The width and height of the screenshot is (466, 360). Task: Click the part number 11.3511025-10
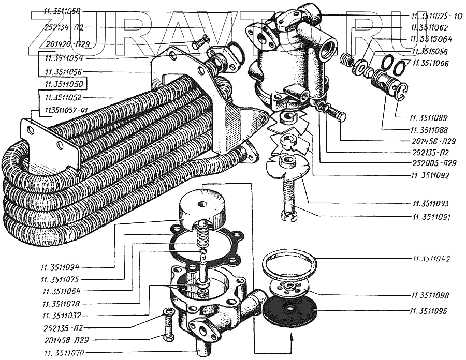[x=436, y=16]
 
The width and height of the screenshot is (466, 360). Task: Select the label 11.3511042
[x=430, y=257]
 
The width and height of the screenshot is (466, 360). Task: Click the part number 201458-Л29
[x=60, y=340]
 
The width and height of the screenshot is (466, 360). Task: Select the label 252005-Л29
[x=430, y=163]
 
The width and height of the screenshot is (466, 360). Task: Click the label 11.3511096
[x=430, y=312]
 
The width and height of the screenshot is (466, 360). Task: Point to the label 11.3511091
[x=430, y=214]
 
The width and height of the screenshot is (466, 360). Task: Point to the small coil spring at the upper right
[x=346, y=60]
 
